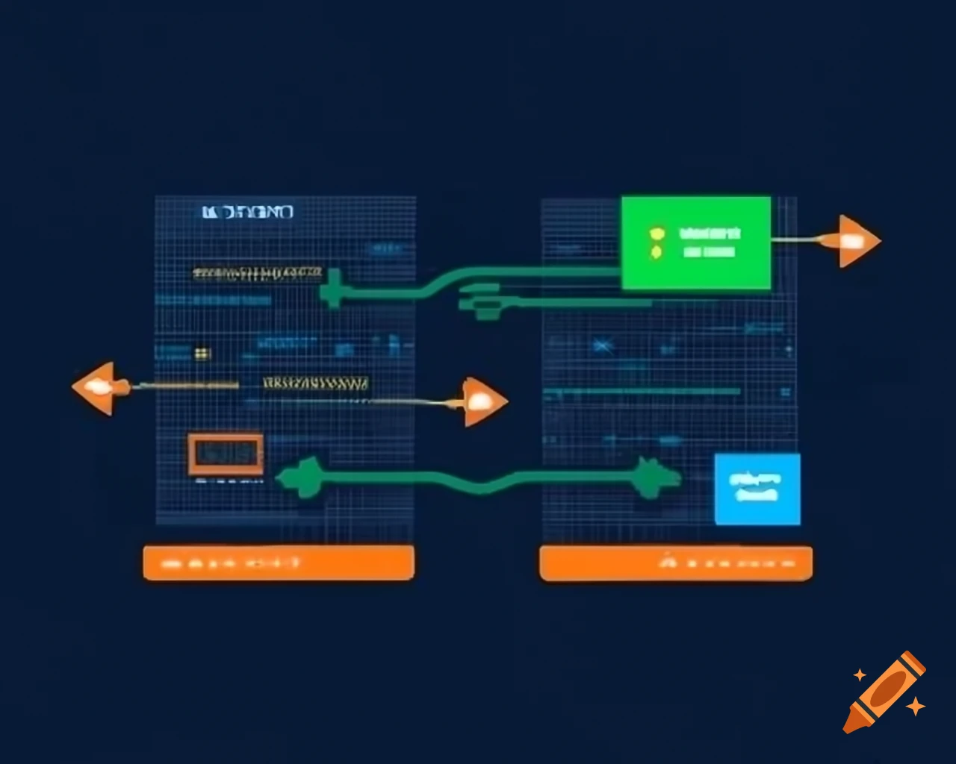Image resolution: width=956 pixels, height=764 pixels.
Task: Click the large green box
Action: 695,242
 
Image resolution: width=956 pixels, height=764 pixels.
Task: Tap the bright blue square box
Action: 757,489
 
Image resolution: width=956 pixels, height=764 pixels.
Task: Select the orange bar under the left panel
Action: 278,563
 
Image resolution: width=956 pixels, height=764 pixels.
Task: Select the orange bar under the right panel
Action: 675,563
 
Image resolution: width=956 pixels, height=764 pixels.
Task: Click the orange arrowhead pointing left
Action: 97,387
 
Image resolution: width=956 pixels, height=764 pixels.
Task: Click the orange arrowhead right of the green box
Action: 855,240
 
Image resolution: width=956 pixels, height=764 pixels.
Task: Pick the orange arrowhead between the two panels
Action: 482,402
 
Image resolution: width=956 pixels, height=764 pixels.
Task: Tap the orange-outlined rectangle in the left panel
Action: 225,454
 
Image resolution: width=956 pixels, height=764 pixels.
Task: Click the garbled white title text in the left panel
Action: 248,213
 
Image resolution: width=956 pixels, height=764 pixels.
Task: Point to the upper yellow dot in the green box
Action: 657,234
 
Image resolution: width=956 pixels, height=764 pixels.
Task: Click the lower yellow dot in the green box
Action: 656,253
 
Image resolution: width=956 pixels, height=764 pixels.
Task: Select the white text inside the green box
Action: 710,242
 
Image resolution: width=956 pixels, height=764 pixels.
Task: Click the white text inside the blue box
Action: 756,486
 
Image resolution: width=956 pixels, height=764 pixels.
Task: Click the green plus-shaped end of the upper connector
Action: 332,289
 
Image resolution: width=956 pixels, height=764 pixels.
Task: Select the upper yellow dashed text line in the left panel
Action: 257,273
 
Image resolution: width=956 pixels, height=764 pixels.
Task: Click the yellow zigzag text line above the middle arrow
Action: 315,384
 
